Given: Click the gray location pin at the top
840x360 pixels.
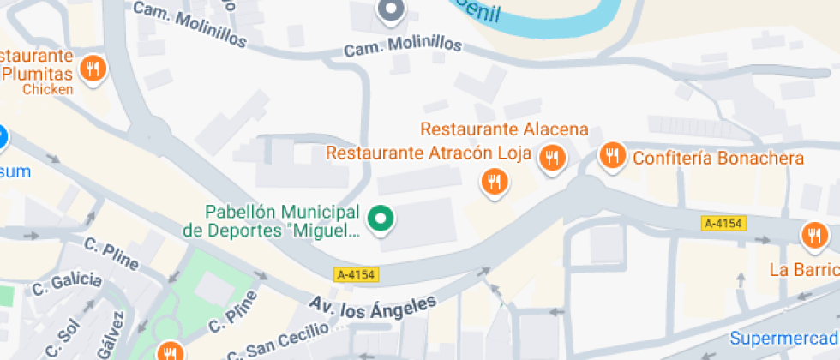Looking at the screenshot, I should [391, 10].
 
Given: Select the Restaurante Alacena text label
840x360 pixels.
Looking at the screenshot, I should [505, 130].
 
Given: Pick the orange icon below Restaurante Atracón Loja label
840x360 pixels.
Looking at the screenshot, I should [493, 181].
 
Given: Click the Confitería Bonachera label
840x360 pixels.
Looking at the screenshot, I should [717, 159].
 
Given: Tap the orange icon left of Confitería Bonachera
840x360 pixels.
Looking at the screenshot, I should [611, 155].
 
